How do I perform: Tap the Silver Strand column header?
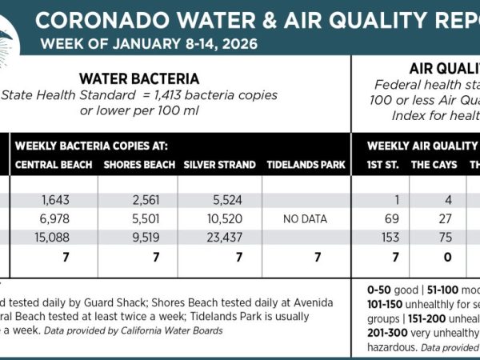click(x=219, y=165)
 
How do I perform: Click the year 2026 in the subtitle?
click(x=238, y=44)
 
